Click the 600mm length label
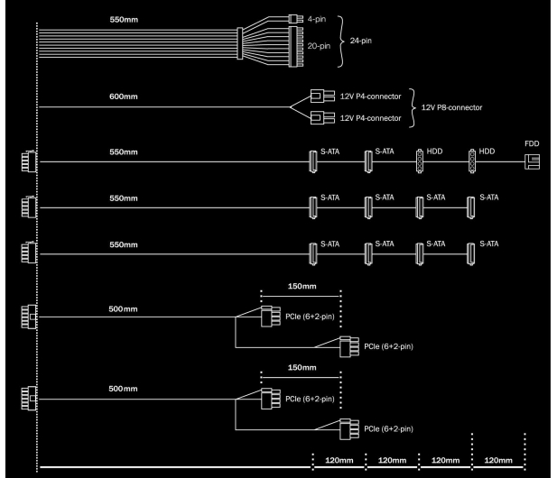124,97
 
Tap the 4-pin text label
317,19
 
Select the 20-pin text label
319,46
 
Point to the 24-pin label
360,41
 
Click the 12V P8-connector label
451,107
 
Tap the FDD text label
532,143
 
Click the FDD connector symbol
532,161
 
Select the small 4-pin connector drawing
295,19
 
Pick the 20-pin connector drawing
296,47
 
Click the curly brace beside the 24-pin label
341,41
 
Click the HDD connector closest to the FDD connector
472,161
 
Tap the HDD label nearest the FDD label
487,152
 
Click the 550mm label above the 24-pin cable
124,20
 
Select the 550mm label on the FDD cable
124,152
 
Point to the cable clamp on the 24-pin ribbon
240,43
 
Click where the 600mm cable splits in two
290,106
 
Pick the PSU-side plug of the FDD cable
29,161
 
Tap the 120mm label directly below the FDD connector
498,460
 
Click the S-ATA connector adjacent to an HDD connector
368,161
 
